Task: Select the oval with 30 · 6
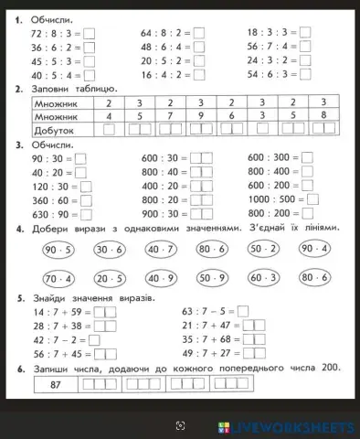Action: pyautogui.click(x=110, y=249)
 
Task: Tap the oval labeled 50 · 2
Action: pyautogui.click(x=263, y=249)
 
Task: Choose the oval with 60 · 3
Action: pyautogui.click(x=263, y=278)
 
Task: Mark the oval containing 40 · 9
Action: pyautogui.click(x=161, y=278)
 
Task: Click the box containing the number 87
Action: pyautogui.click(x=56, y=385)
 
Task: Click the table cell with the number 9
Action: pyautogui.click(x=200, y=116)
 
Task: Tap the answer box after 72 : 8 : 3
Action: pyautogui.click(x=90, y=33)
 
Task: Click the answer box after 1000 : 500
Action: pyautogui.click(x=312, y=198)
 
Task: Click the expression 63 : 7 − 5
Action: pyautogui.click(x=206, y=312)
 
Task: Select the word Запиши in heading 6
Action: pyautogui.click(x=52, y=368)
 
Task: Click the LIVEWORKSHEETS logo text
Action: pyautogui.click(x=293, y=427)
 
